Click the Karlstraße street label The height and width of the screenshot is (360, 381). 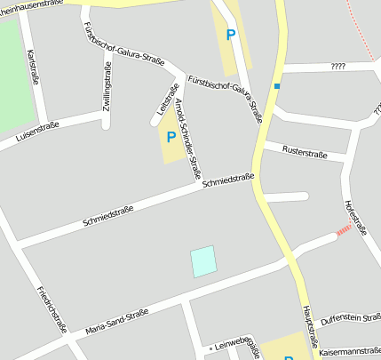tap(34, 66)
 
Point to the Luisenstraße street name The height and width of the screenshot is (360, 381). tap(36, 132)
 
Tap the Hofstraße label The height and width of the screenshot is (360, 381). tap(355, 218)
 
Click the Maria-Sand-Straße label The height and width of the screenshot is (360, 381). tap(116, 322)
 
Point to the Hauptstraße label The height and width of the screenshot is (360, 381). tap(309, 326)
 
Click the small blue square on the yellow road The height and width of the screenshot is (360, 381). tap(277, 86)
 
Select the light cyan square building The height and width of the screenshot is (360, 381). tap(203, 261)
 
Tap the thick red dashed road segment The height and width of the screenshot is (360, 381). tap(343, 232)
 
